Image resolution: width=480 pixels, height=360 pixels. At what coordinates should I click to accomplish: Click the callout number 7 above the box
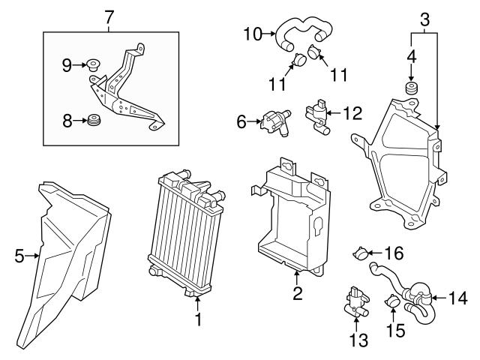(109, 14)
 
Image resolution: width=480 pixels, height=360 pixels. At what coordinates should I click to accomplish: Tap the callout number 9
(67, 65)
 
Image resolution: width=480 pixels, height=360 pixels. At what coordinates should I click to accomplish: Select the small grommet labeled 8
(94, 119)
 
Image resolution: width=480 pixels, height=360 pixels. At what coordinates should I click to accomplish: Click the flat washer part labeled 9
(94, 64)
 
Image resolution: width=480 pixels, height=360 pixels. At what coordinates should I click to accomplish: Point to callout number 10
(250, 33)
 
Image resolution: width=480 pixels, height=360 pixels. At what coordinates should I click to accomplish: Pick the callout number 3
(424, 17)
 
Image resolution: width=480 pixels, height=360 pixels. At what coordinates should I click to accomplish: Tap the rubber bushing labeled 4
(411, 91)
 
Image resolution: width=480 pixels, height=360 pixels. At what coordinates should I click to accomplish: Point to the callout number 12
(352, 114)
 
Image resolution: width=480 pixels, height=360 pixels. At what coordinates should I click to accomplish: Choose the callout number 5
(19, 256)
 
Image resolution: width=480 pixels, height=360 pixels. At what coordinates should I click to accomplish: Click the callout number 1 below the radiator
(199, 320)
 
